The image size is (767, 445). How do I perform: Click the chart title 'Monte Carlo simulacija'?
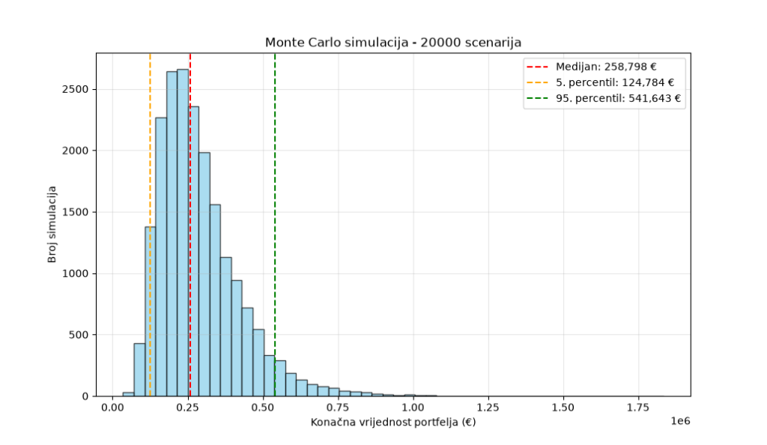(336, 43)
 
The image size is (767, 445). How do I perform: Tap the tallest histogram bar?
(183, 233)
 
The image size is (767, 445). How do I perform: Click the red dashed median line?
(190, 225)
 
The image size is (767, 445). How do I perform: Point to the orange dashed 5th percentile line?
(150, 225)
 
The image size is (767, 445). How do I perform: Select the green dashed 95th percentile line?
(275, 225)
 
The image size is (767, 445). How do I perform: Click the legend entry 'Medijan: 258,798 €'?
(605, 67)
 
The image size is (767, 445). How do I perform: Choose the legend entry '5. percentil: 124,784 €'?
(615, 82)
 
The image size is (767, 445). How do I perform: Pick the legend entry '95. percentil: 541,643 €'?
(618, 98)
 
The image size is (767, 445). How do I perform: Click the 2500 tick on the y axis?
(75, 89)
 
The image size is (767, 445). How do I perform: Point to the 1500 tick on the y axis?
(75, 212)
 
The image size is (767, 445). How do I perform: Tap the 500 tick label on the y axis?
(78, 335)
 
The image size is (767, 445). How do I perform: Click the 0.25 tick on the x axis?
(188, 408)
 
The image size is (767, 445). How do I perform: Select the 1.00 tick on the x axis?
(413, 408)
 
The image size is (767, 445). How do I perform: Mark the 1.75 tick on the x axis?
(638, 408)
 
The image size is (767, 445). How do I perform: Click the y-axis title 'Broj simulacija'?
(52, 225)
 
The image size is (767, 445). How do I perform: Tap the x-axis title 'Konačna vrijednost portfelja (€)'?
(393, 422)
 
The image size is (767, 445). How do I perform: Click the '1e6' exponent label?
(680, 421)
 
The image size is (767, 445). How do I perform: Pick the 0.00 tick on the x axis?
(113, 408)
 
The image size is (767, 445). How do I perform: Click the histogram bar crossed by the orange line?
(151, 312)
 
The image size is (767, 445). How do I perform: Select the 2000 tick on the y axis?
(75, 151)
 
